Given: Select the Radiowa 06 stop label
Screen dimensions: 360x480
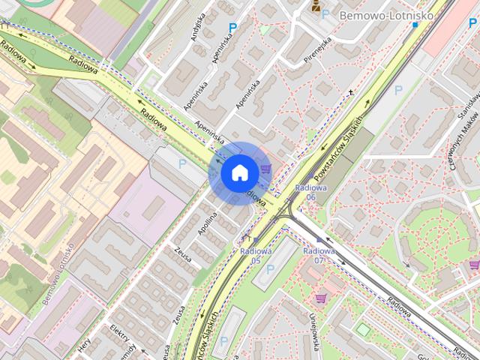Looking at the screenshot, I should click(x=309, y=192).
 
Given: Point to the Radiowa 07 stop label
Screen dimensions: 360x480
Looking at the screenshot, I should click(x=319, y=255).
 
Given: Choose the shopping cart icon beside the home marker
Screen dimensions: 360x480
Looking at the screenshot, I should click(x=266, y=169).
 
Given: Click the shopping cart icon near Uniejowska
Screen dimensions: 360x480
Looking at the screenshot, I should click(x=320, y=298).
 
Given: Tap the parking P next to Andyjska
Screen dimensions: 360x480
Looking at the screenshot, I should click(x=232, y=28).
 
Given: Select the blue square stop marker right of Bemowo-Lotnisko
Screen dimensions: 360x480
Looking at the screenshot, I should click(x=415, y=25).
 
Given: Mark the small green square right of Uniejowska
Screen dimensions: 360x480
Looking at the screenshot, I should click(x=362, y=329).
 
